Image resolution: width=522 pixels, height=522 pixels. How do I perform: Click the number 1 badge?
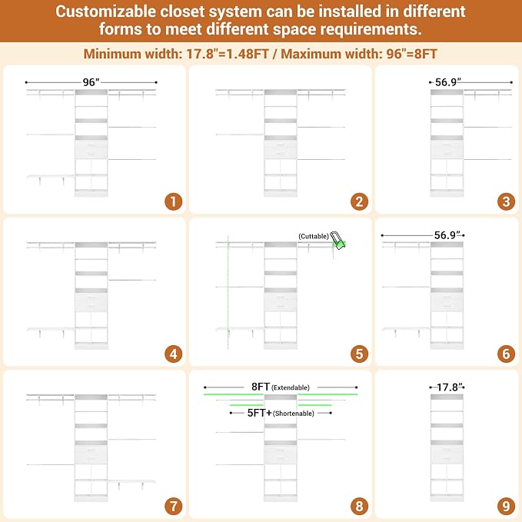pos(174,201)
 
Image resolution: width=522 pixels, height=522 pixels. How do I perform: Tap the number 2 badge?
pos(359,201)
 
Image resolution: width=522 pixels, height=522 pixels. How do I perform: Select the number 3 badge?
pos(506,201)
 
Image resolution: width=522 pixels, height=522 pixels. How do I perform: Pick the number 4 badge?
pos(174,354)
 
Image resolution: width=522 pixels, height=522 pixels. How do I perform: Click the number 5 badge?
pos(359,354)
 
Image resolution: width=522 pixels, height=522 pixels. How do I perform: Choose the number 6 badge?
pos(506,354)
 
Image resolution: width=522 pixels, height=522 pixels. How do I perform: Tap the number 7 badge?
pos(174,507)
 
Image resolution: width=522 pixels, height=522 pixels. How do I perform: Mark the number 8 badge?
pos(359,507)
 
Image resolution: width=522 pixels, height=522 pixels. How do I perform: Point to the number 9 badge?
pos(506,507)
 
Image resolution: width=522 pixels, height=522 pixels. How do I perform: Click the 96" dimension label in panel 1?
pos(91,82)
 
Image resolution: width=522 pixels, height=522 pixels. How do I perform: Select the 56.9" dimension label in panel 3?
pos(448,82)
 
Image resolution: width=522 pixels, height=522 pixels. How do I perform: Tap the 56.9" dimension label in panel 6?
pos(447,235)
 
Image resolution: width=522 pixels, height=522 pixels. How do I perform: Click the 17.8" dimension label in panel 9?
pos(450,387)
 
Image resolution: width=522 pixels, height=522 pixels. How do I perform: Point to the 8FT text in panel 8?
pos(261,387)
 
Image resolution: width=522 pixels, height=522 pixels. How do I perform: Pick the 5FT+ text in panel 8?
pos(259,413)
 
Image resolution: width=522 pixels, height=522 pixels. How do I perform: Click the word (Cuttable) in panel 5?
pos(314,236)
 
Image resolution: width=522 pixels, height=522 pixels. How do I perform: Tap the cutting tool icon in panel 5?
pos(337,240)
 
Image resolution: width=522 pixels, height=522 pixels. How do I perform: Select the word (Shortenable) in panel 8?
pos(294,414)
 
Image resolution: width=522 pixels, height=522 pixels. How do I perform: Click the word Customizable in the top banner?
pos(105,12)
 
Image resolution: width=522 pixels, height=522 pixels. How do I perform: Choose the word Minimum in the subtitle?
pos(112,54)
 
